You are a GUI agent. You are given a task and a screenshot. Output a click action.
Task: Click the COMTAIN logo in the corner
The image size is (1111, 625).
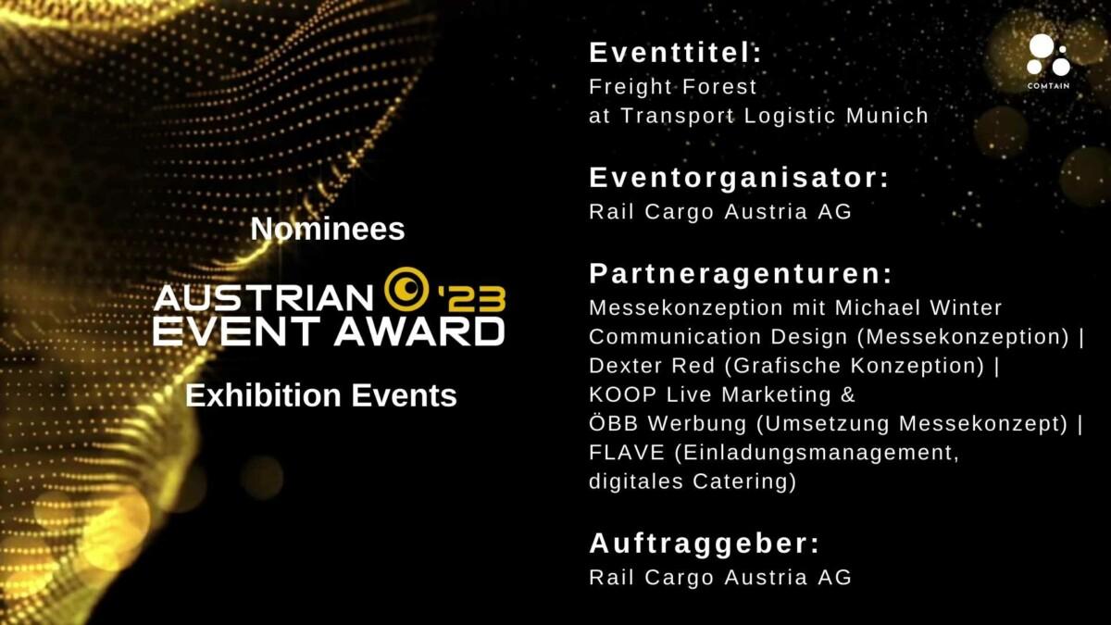pyautogui.click(x=1048, y=61)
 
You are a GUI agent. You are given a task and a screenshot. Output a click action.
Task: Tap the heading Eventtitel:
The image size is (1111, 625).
pyautogui.click(x=675, y=53)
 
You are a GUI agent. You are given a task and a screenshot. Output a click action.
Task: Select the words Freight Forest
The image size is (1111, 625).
pyautogui.click(x=672, y=87)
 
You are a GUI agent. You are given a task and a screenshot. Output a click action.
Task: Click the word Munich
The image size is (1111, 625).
pyautogui.click(x=887, y=116)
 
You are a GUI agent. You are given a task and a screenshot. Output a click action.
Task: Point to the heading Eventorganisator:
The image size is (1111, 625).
pyautogui.click(x=739, y=178)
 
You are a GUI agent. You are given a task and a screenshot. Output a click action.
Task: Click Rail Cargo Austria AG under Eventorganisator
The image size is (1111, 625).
pyautogui.click(x=720, y=212)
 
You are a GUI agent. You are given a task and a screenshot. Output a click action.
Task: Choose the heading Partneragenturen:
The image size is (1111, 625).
pyautogui.click(x=741, y=274)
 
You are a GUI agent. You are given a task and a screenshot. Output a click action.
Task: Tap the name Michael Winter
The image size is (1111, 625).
pyautogui.click(x=918, y=307)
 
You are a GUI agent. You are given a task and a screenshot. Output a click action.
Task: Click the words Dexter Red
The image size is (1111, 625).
pyautogui.click(x=652, y=366)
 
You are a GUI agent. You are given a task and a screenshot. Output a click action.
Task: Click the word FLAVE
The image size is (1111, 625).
pyautogui.click(x=627, y=453)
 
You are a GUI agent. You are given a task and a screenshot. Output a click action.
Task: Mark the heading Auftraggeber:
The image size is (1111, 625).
pyautogui.click(x=705, y=544)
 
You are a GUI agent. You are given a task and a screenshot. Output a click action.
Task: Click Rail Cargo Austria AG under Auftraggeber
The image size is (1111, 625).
pyautogui.click(x=720, y=578)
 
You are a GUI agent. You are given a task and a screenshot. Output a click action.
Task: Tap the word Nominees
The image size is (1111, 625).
pyautogui.click(x=328, y=229)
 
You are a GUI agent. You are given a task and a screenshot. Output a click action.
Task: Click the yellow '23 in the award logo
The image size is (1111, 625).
pyautogui.click(x=470, y=300)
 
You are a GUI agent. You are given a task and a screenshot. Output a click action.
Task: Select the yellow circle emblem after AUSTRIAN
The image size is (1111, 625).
pyautogui.click(x=406, y=289)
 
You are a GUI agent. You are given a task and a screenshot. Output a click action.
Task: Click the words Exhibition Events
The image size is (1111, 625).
pyautogui.click(x=321, y=395)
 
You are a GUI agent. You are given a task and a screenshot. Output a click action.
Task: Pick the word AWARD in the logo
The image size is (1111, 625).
pyautogui.click(x=419, y=331)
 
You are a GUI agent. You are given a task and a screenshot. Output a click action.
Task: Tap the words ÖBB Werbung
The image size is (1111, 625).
pyautogui.click(x=668, y=424)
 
